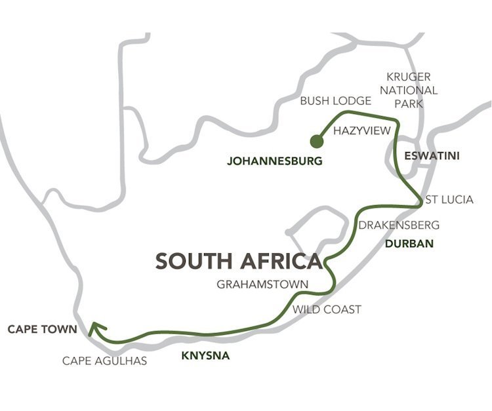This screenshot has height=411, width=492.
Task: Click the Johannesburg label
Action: point(275,161)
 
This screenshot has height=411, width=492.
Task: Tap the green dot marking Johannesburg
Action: point(317,140)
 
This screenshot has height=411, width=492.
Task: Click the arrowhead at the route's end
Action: point(95,326)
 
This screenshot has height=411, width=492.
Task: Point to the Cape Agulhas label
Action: point(105,361)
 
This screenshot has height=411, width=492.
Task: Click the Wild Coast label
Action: point(327,309)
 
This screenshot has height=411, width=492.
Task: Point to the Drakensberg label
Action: point(398,225)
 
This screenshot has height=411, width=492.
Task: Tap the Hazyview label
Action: point(361,131)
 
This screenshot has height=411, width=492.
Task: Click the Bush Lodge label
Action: point(335,102)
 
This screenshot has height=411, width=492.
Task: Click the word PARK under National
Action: point(413,104)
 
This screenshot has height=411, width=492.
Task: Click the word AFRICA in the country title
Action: point(283,261)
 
